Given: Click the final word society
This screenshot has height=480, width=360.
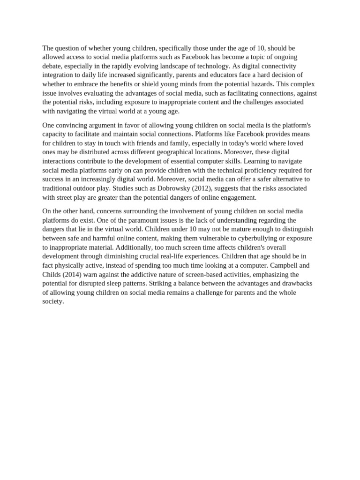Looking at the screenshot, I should tap(52, 302).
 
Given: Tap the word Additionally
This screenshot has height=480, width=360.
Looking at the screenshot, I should tap(134, 247).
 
